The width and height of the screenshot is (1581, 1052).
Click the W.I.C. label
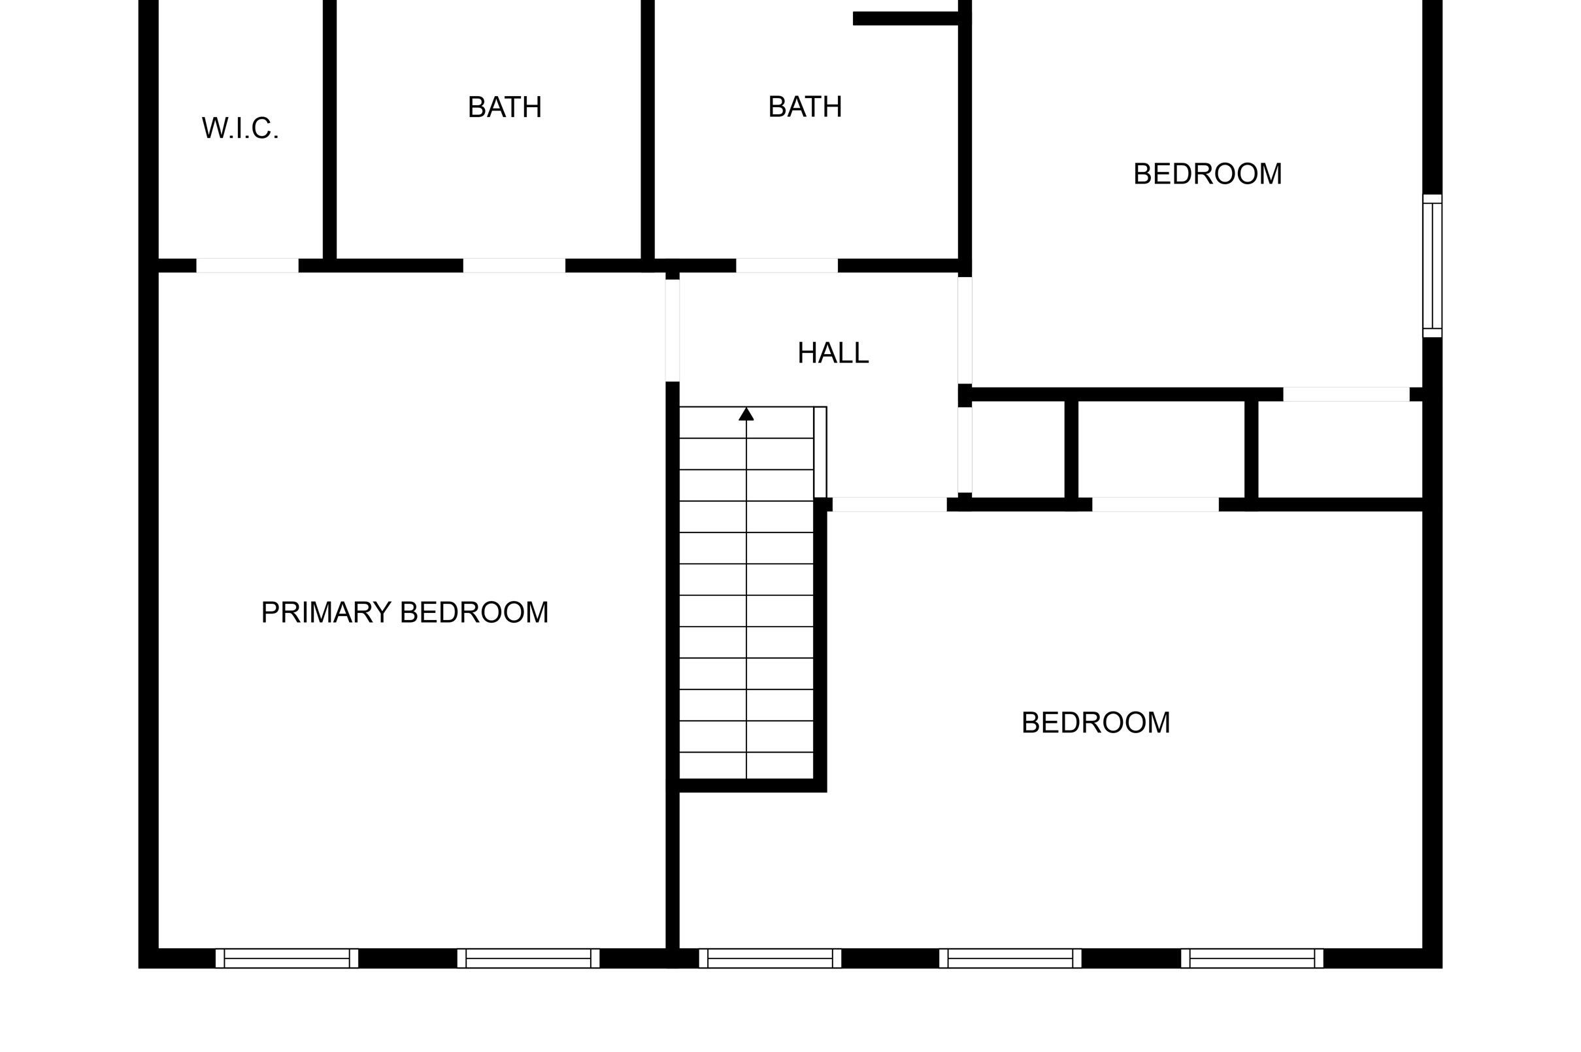[240, 128]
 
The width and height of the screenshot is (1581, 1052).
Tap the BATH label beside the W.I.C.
[505, 107]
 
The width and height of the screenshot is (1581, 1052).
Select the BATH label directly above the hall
[805, 107]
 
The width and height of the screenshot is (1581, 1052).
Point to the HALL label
[833, 353]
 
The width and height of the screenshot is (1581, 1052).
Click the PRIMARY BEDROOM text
[405, 612]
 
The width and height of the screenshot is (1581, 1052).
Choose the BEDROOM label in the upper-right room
[1207, 174]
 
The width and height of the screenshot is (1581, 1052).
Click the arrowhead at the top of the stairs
[746, 414]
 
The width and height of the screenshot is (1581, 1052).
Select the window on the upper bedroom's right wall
[1432, 266]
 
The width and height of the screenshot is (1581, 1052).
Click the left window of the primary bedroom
[286, 958]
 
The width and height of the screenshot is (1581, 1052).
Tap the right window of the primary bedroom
[528, 958]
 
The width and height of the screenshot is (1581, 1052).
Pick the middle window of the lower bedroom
[1010, 958]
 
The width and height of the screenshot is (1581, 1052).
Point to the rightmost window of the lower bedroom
[1252, 958]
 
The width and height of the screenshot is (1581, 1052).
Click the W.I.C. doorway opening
[247, 266]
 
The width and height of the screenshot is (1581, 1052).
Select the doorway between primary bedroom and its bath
[514, 266]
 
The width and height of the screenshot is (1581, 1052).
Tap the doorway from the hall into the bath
[787, 266]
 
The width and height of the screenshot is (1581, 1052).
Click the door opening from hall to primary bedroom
[673, 330]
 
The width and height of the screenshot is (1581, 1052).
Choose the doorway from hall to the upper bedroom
[964, 330]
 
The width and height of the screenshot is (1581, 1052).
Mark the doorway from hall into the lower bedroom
[889, 504]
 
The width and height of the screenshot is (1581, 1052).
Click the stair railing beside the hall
[820, 452]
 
